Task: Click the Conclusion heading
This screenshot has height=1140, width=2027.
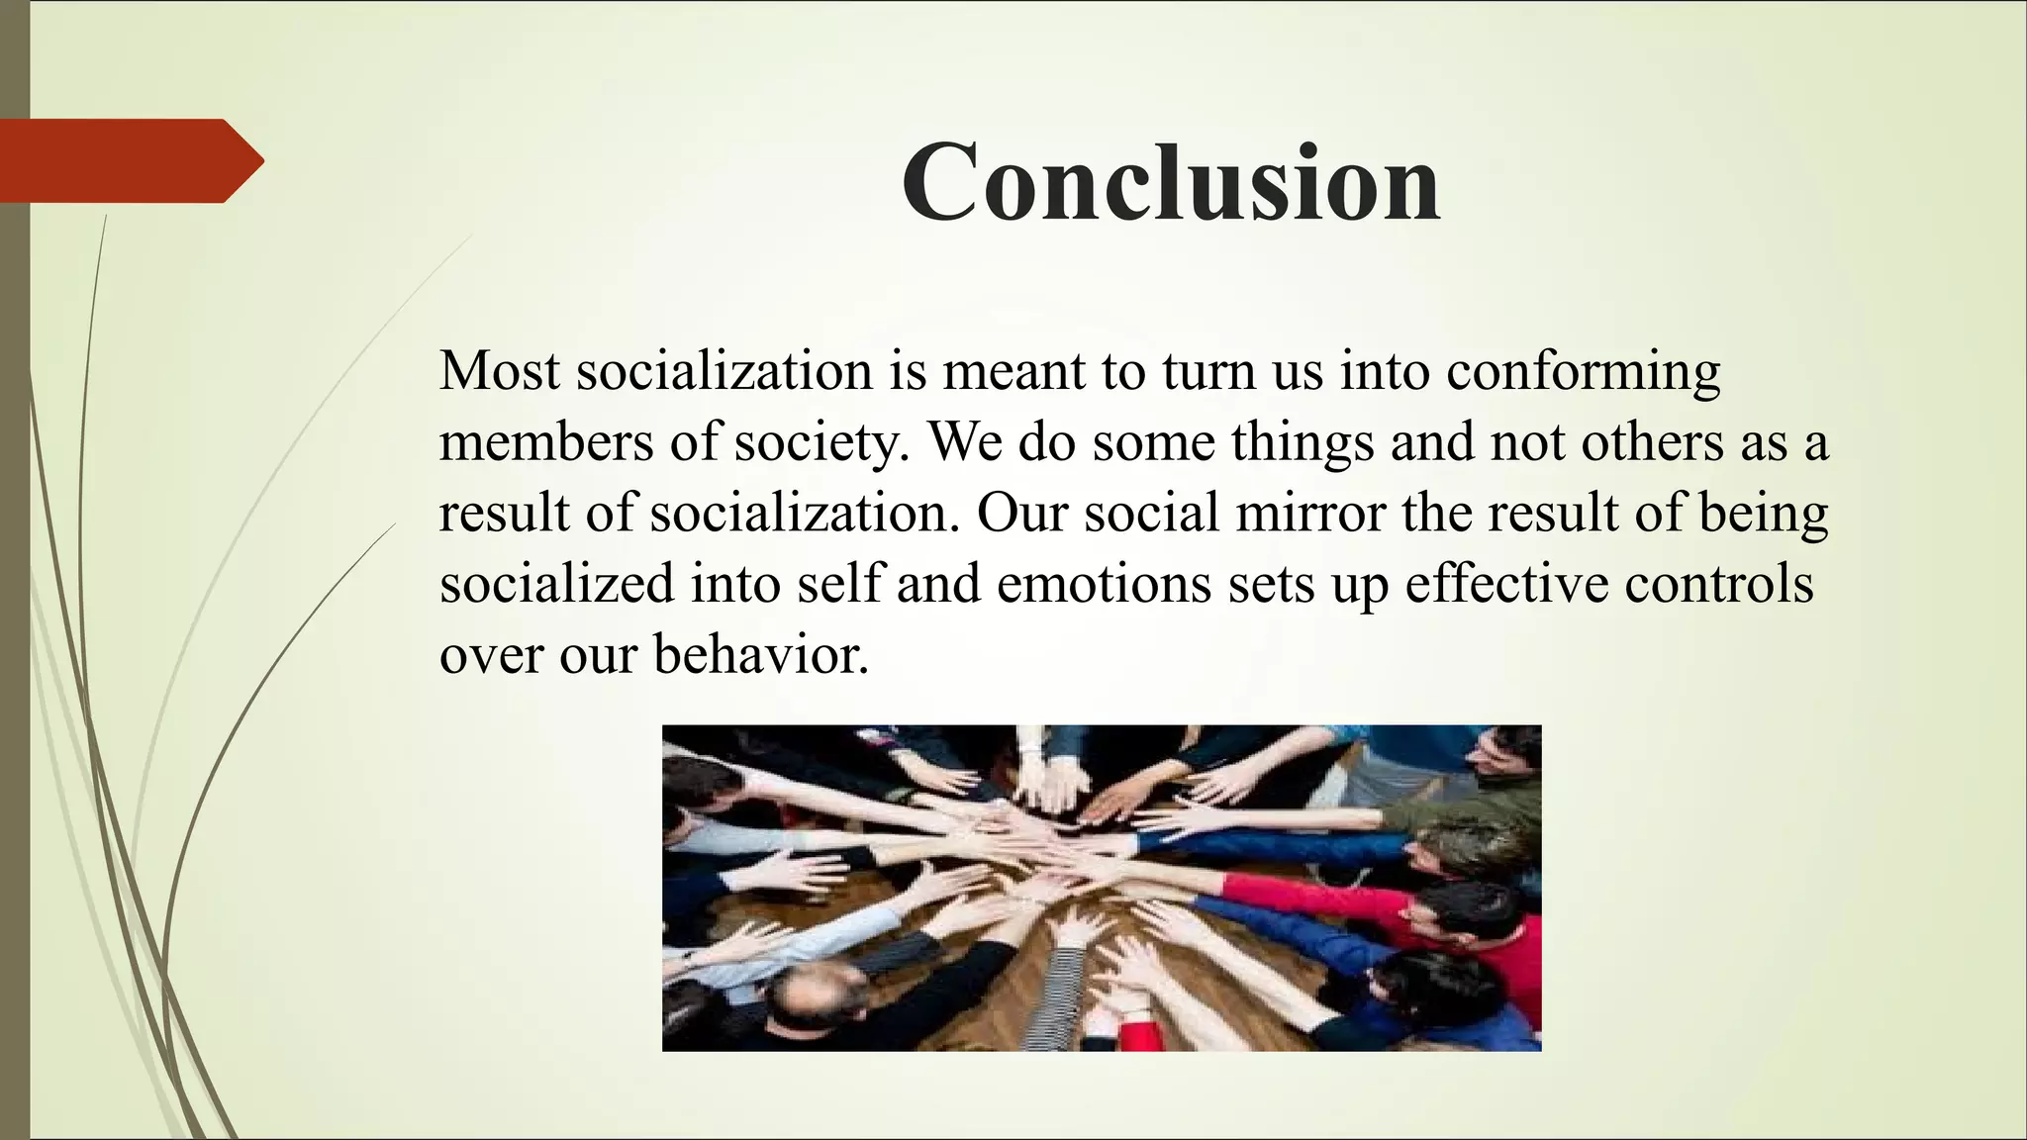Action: (1170, 183)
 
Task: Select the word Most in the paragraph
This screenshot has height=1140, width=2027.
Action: (499, 370)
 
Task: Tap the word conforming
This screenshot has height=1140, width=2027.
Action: (1583, 372)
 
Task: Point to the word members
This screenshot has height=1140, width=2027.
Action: (545, 441)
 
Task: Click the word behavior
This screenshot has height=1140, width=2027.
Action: (761, 655)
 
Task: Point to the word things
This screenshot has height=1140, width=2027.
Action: (1303, 443)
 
